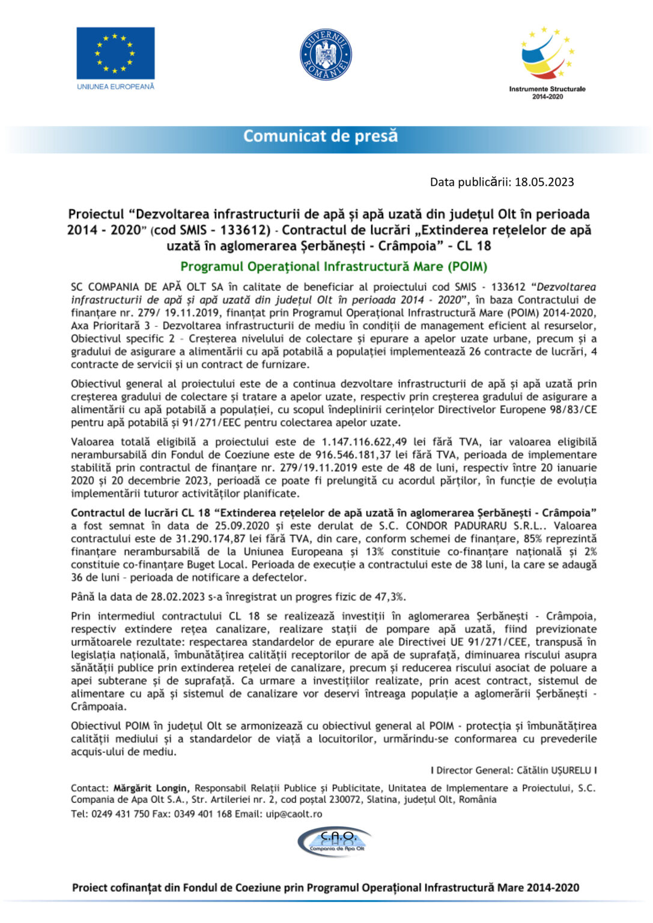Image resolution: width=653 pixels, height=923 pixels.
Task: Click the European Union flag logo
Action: [115, 53]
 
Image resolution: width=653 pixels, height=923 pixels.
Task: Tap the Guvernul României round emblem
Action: [325, 55]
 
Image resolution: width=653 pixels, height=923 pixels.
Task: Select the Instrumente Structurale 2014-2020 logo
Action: [547, 59]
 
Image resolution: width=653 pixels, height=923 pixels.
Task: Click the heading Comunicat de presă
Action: [320, 136]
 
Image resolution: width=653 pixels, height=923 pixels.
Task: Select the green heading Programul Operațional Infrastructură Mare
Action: [333, 266]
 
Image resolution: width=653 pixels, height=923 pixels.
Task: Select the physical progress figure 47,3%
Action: [390, 597]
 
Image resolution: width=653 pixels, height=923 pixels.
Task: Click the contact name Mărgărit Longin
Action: [151, 788]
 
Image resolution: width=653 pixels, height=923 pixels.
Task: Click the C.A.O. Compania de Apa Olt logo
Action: [334, 841]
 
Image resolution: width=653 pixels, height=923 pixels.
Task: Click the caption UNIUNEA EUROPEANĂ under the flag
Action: [115, 87]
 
